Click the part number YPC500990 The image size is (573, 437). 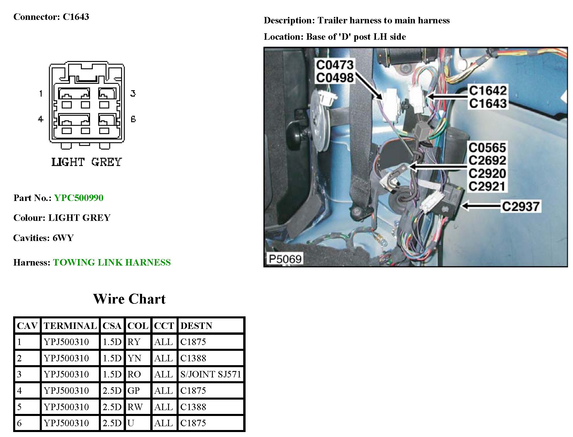[x=79, y=198]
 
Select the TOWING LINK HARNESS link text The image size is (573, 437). [x=112, y=262]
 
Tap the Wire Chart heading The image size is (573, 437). [x=129, y=299]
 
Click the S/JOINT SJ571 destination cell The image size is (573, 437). [x=210, y=374]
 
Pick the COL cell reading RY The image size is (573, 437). [x=134, y=342]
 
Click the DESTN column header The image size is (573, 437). [x=196, y=326]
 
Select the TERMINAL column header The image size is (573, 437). [x=70, y=326]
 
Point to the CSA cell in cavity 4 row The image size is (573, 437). [x=112, y=391]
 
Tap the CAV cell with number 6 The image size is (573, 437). [x=19, y=423]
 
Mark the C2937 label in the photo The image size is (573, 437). [x=521, y=207]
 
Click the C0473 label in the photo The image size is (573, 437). [x=334, y=65]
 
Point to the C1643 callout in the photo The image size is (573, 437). [x=488, y=103]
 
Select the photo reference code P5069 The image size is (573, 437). [x=285, y=259]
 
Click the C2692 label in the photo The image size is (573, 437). [x=487, y=160]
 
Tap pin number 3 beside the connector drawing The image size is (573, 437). [x=133, y=93]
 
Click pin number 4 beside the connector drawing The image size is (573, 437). [x=41, y=119]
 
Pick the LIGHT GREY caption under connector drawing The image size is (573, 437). [x=87, y=162]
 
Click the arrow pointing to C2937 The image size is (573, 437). [x=481, y=206]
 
